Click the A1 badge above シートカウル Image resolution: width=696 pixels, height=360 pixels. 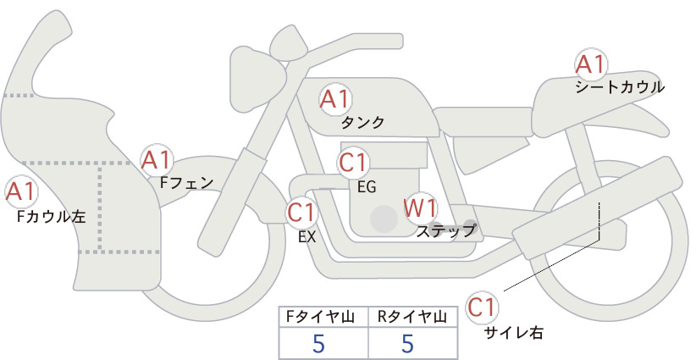[590, 64]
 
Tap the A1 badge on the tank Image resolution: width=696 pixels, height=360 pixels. [334, 99]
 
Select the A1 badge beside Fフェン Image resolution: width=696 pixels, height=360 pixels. [156, 160]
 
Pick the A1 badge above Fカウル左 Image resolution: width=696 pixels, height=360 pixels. [20, 191]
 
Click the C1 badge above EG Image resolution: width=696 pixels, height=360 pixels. [353, 163]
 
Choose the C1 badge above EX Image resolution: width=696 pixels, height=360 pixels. [301, 212]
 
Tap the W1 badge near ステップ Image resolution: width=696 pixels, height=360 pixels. [420, 208]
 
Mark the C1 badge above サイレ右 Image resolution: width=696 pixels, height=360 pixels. [482, 307]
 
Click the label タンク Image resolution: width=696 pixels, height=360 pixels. [362, 123]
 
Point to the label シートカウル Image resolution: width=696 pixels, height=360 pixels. [620, 87]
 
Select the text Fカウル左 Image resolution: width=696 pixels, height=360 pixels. [51, 217]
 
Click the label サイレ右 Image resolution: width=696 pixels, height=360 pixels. [514, 333]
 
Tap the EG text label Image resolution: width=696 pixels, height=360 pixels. [367, 187]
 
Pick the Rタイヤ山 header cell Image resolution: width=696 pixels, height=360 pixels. [413, 317]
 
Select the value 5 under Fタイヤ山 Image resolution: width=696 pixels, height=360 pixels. [318, 343]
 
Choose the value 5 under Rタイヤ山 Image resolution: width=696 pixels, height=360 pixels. [407, 343]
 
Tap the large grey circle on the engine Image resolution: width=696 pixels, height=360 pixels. [384, 219]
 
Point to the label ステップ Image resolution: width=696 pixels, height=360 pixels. [445, 231]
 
